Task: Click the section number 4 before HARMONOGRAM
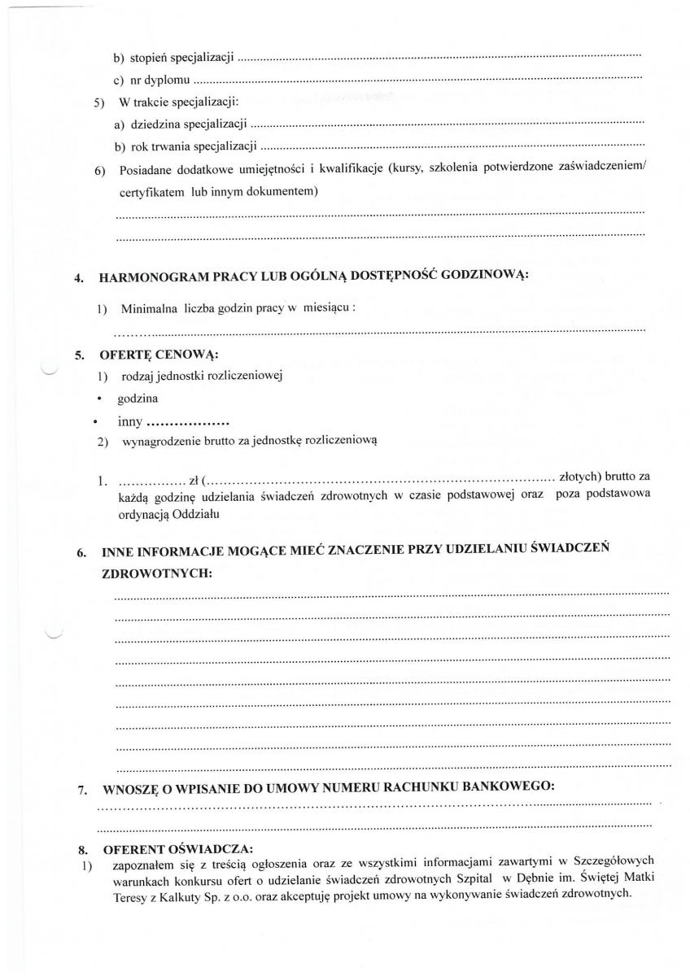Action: click(79, 277)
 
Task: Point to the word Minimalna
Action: click(148, 310)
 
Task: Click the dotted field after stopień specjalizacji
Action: click(439, 58)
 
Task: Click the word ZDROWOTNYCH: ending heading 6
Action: click(157, 573)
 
